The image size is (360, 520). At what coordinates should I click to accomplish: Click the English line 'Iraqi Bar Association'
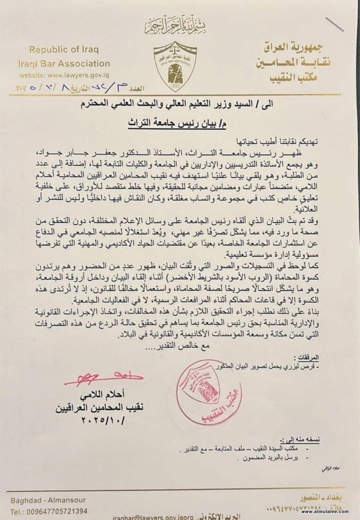(x=64, y=63)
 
